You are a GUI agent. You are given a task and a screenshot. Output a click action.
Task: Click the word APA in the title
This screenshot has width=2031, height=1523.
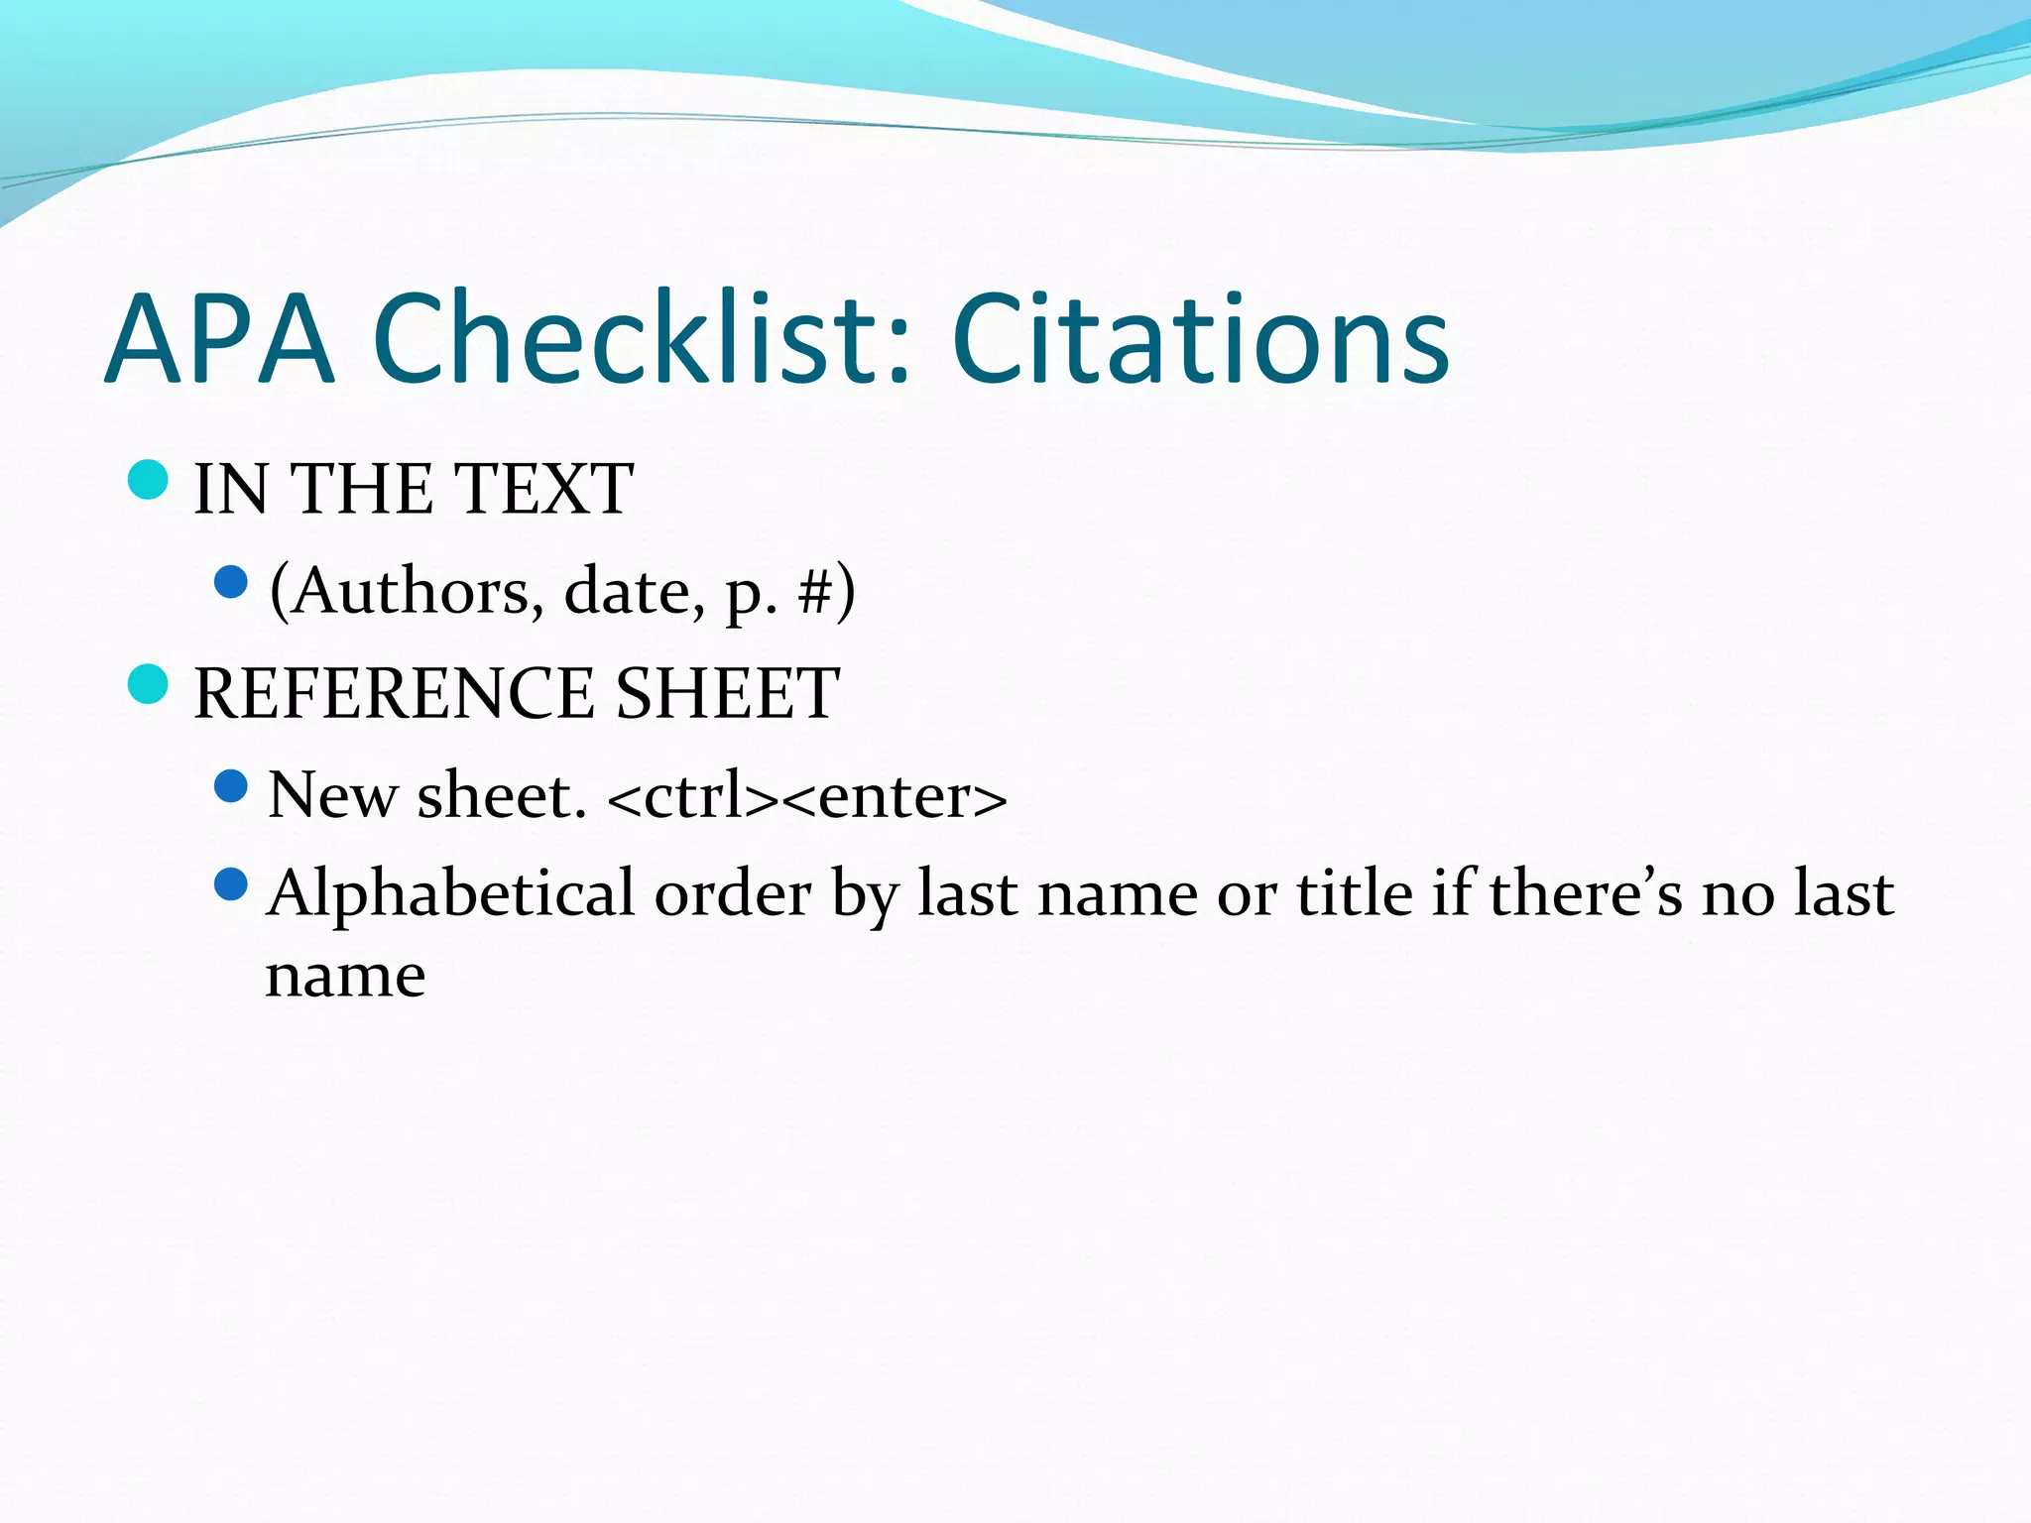(x=219, y=339)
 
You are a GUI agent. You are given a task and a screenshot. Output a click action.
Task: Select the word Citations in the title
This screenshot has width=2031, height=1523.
(x=1200, y=339)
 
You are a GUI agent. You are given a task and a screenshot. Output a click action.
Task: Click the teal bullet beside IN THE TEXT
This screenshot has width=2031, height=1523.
(x=149, y=481)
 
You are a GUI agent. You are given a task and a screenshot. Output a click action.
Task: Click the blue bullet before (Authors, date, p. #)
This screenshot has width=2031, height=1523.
(x=230, y=582)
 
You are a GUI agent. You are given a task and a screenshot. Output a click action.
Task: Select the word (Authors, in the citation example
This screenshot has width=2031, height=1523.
(x=407, y=592)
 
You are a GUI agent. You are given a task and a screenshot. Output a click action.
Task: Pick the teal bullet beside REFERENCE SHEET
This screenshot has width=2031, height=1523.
(x=149, y=684)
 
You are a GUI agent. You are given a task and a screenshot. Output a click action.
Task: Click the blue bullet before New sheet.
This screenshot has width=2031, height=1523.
(x=230, y=786)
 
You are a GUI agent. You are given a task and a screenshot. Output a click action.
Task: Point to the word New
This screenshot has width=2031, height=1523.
(x=332, y=795)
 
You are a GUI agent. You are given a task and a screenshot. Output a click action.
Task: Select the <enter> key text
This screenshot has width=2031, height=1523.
(x=898, y=797)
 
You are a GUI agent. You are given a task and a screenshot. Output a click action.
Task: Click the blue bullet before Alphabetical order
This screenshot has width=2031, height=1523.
(x=230, y=883)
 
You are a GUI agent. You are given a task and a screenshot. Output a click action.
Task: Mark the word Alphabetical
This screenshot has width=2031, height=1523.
(x=451, y=893)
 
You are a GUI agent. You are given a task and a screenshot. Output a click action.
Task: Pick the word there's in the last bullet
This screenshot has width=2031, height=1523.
(x=1586, y=893)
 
